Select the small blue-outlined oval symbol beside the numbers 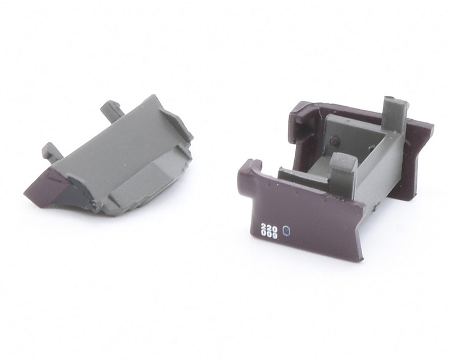286,231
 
